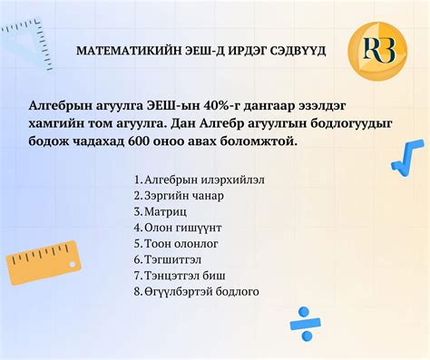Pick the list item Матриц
(x=163, y=211)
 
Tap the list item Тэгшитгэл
(x=170, y=259)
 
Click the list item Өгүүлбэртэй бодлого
(x=196, y=291)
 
